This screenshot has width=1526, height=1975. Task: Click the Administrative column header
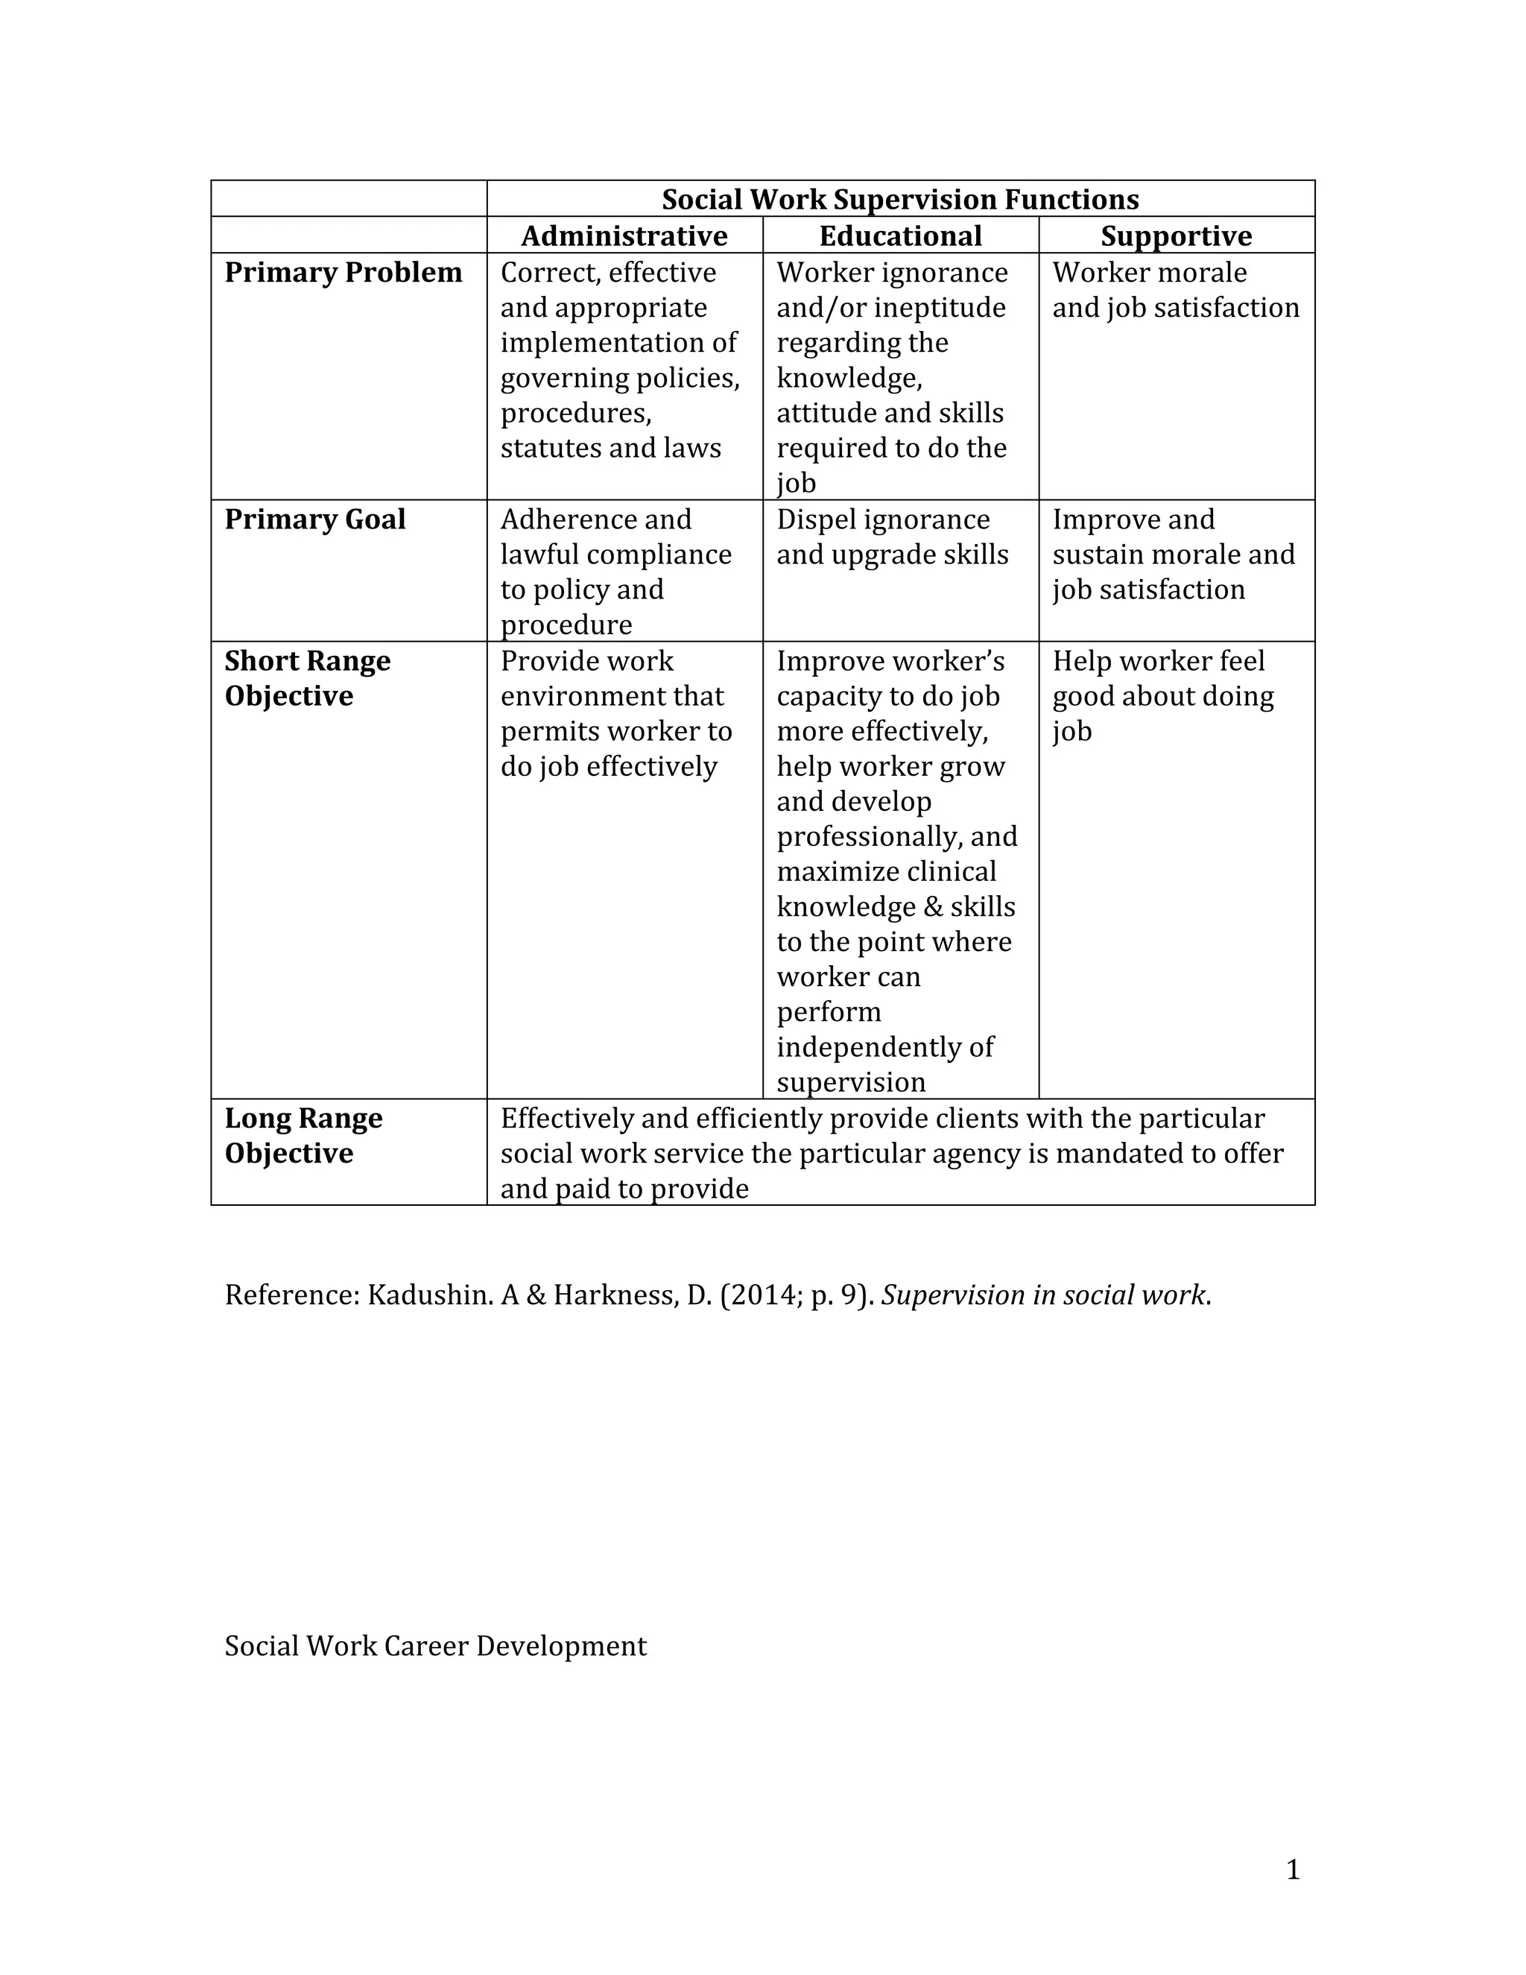(x=624, y=236)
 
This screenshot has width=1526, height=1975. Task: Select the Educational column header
(x=900, y=236)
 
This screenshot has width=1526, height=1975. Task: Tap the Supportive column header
(x=1176, y=236)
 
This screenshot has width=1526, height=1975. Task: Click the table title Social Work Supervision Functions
(x=900, y=199)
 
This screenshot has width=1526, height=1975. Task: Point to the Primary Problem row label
(x=343, y=272)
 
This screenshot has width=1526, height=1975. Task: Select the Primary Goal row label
(x=314, y=519)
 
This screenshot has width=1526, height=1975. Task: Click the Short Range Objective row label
(x=308, y=678)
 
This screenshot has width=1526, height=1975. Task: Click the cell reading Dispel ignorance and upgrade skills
(x=892, y=537)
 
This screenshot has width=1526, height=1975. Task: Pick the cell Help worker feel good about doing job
(x=1162, y=695)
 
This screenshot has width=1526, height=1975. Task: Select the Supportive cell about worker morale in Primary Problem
(x=1175, y=289)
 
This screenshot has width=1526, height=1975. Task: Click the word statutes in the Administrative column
(x=544, y=448)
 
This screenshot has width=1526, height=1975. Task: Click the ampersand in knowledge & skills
(x=934, y=907)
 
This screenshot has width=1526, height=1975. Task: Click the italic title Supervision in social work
(x=1043, y=1295)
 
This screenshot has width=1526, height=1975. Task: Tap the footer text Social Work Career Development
(x=436, y=1645)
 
